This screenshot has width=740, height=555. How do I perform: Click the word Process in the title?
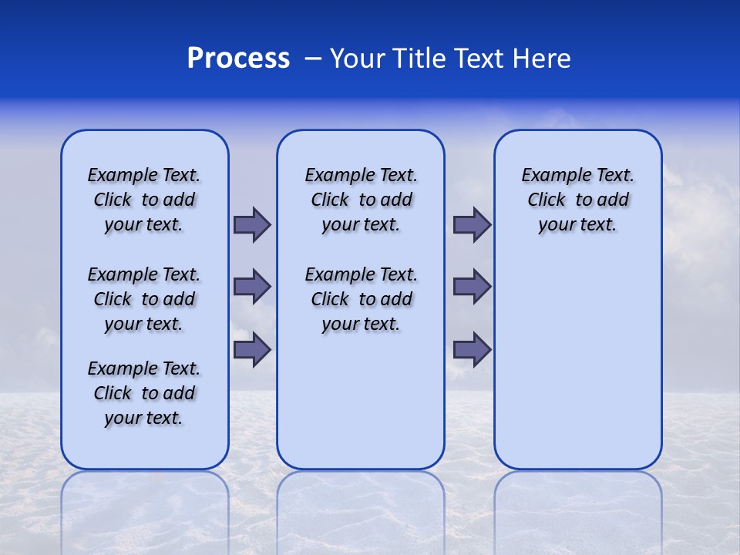tap(238, 59)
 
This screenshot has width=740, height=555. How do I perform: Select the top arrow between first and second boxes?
tap(252, 224)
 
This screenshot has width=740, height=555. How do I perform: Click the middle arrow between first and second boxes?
tap(252, 287)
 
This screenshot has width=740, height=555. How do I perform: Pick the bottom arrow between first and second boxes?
tap(252, 349)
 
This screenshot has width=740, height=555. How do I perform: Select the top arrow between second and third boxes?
tap(472, 224)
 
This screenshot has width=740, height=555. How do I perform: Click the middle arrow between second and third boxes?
tap(472, 287)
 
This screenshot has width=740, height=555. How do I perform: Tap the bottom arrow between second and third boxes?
tap(472, 349)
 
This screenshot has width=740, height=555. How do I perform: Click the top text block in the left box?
tap(144, 200)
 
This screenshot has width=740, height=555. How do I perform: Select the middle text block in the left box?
tap(144, 299)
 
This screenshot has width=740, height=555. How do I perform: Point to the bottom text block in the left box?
tap(144, 393)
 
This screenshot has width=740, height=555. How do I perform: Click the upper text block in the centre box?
tap(361, 200)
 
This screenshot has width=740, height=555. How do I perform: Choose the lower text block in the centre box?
tap(361, 299)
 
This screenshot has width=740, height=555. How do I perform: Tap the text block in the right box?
tap(577, 200)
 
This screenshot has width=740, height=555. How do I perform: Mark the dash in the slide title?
tap(313, 59)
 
